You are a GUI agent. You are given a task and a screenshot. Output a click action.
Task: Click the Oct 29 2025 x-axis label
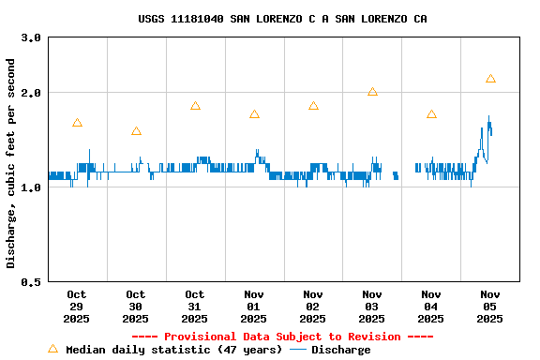click(x=77, y=307)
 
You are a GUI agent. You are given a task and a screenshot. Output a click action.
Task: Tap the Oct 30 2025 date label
click(x=136, y=307)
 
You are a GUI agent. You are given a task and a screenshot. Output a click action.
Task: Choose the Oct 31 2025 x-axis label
click(x=195, y=307)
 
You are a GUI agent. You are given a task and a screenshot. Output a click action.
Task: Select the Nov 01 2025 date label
click(x=254, y=307)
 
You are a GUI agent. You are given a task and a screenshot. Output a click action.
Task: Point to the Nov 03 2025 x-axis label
click(x=372, y=307)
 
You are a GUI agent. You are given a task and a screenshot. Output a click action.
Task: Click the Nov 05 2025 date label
click(x=490, y=307)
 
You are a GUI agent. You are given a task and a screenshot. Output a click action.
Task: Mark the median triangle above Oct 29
click(x=77, y=123)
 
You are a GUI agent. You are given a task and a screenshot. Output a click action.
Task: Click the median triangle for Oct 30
click(x=136, y=131)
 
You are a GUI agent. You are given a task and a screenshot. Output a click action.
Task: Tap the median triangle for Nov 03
click(x=372, y=92)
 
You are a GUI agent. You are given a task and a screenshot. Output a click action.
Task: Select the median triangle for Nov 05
click(x=490, y=79)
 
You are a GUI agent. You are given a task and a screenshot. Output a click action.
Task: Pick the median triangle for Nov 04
click(x=431, y=114)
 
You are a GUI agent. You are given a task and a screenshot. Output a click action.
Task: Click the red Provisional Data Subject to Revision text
click(x=282, y=337)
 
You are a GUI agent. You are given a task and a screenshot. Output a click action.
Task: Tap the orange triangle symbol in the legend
click(x=52, y=349)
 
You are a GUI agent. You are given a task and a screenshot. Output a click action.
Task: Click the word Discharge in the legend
click(x=340, y=350)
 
